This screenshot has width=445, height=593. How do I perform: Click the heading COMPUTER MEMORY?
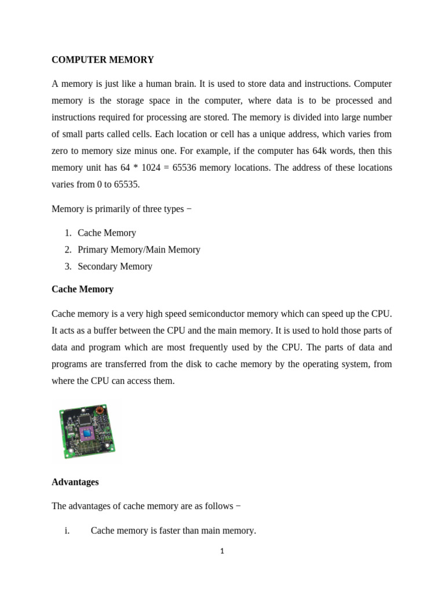click(x=103, y=60)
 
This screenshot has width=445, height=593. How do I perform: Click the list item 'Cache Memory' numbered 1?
click(x=107, y=233)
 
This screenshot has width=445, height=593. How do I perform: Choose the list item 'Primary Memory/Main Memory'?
click(x=138, y=250)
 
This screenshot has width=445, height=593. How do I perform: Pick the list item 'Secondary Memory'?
click(x=115, y=266)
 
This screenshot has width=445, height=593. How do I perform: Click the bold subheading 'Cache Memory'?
click(x=82, y=289)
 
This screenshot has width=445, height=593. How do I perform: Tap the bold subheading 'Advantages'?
click(x=75, y=482)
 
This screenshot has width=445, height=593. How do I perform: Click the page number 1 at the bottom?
click(x=222, y=551)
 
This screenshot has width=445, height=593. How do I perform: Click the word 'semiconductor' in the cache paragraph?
click(x=218, y=314)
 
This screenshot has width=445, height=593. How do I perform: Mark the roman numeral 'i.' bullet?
click(x=67, y=530)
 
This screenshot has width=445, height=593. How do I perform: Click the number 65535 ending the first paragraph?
click(x=127, y=184)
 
